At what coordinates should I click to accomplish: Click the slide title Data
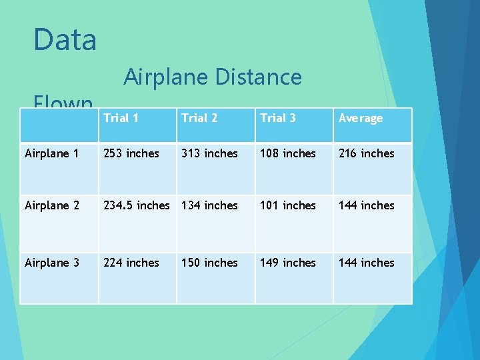[x=65, y=39]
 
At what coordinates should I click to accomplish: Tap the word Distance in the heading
[x=258, y=77]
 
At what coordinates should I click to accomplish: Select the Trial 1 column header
[x=121, y=118]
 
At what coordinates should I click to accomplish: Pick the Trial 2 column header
[x=199, y=118]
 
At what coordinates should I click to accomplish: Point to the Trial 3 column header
[x=278, y=118]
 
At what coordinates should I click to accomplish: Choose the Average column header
[x=361, y=118]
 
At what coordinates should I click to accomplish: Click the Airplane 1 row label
[x=51, y=153]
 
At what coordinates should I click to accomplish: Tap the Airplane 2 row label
[x=51, y=205]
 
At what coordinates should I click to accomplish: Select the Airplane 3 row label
[x=51, y=263]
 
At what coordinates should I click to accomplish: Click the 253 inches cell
[x=131, y=153]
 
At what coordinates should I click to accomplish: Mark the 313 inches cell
[x=209, y=153]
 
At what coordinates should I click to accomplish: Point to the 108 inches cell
[x=288, y=153]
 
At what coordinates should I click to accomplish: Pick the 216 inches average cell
[x=367, y=153]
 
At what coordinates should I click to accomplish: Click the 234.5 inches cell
[x=136, y=205]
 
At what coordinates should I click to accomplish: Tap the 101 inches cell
[x=288, y=205]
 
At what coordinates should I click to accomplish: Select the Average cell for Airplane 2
[x=367, y=205]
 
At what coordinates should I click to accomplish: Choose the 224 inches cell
[x=131, y=263]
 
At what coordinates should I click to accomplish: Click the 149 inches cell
[x=288, y=263]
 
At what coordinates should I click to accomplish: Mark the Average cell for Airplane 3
[x=367, y=263]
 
